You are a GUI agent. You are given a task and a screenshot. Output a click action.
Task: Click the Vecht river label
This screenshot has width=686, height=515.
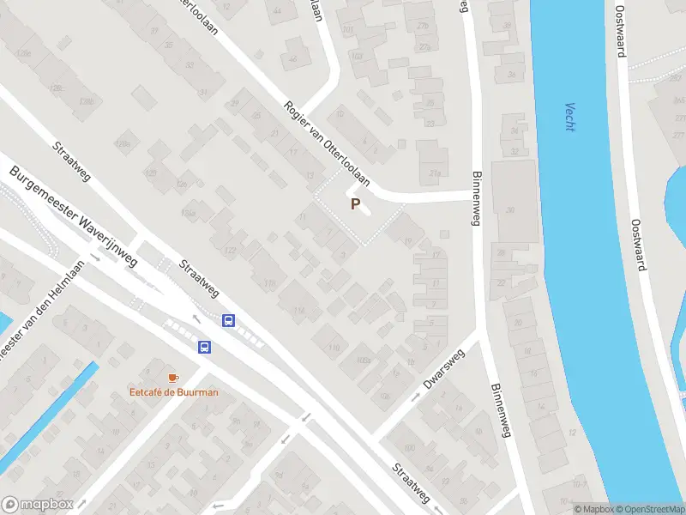569,117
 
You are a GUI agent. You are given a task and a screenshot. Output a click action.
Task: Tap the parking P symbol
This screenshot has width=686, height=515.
355,204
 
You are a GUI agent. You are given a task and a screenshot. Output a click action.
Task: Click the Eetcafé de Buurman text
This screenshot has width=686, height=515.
173,392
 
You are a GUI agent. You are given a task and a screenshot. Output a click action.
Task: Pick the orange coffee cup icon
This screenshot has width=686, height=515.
173,378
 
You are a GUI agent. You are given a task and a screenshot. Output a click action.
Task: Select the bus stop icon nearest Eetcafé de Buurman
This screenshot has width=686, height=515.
205,347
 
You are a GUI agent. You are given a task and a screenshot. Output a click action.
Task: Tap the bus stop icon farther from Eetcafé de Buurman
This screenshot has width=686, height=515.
229,320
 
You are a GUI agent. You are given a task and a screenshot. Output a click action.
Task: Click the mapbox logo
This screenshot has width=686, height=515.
38,505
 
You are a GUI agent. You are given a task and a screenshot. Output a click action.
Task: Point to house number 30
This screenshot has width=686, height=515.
510,210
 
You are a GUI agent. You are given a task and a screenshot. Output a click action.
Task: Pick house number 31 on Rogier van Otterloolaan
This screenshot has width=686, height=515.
203,92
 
